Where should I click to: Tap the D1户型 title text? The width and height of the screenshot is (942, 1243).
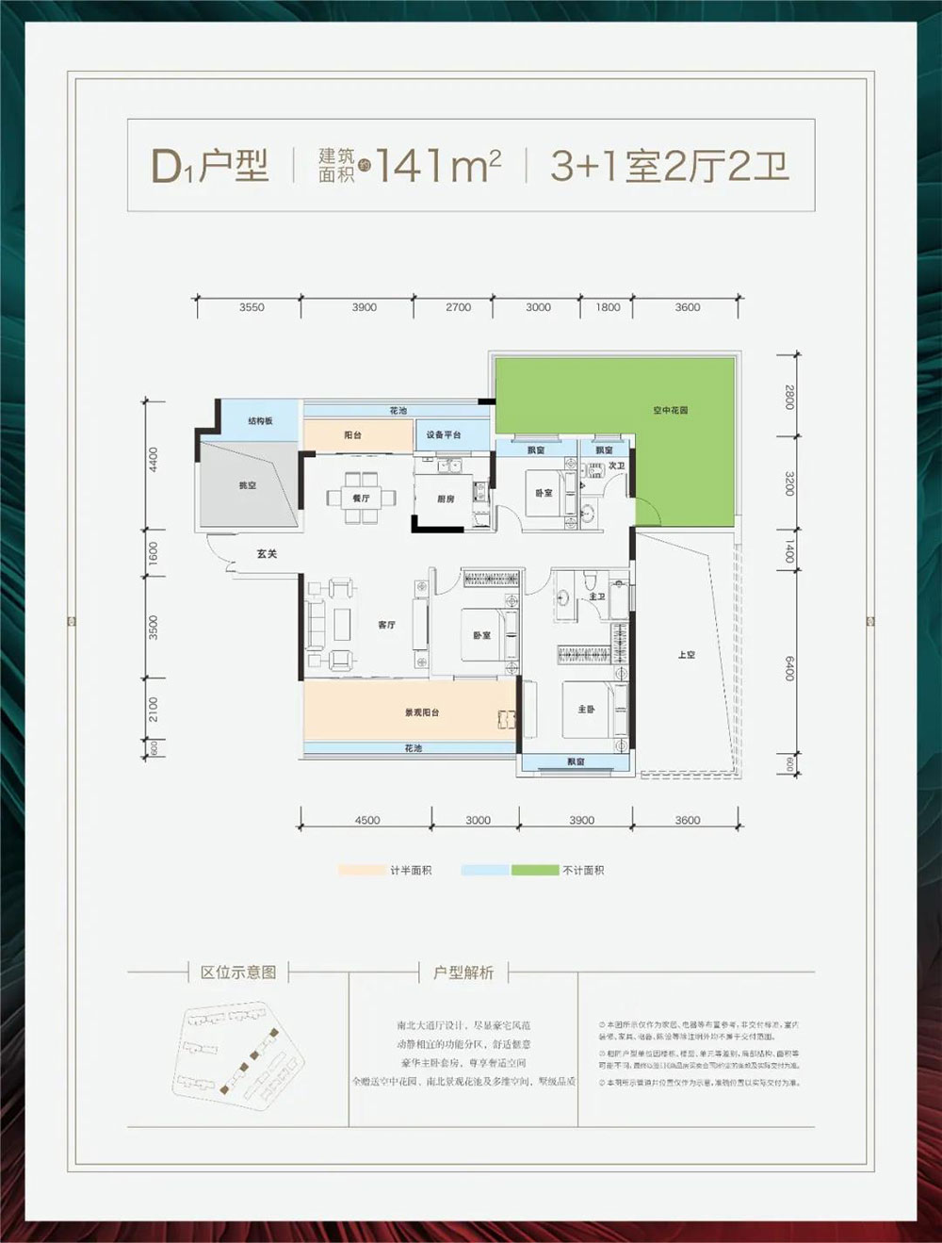pyautogui.click(x=210, y=166)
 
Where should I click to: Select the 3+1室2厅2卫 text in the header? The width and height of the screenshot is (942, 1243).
pyautogui.click(x=669, y=166)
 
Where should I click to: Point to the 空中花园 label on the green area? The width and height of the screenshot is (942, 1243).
pyautogui.click(x=670, y=410)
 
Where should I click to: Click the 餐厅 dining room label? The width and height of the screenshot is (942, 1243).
pyautogui.click(x=361, y=498)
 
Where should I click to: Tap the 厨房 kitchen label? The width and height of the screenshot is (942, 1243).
pyautogui.click(x=446, y=499)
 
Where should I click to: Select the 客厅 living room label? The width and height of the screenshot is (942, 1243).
pyautogui.click(x=386, y=625)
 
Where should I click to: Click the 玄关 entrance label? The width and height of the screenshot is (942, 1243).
pyautogui.click(x=267, y=554)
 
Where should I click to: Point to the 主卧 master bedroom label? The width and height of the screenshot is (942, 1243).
pyautogui.click(x=586, y=709)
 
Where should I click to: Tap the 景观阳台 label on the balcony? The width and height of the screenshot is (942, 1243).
pyautogui.click(x=422, y=712)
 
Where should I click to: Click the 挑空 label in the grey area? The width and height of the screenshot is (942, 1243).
pyautogui.click(x=247, y=485)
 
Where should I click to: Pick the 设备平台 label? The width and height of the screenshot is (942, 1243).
pyautogui.click(x=444, y=434)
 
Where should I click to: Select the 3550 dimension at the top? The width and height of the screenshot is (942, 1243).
pyautogui.click(x=252, y=307)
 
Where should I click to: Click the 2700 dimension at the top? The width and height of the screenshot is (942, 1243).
pyautogui.click(x=458, y=307)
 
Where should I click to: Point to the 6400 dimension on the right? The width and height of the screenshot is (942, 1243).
pyautogui.click(x=789, y=668)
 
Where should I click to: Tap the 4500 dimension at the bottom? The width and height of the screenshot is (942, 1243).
pyautogui.click(x=367, y=820)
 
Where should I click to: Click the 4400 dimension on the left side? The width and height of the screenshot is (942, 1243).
pyautogui.click(x=154, y=460)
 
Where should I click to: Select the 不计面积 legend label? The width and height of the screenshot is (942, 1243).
pyautogui.click(x=583, y=870)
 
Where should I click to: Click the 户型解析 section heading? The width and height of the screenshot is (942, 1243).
pyautogui.click(x=463, y=973)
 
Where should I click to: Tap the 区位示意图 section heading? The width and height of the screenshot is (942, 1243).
pyautogui.click(x=238, y=973)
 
